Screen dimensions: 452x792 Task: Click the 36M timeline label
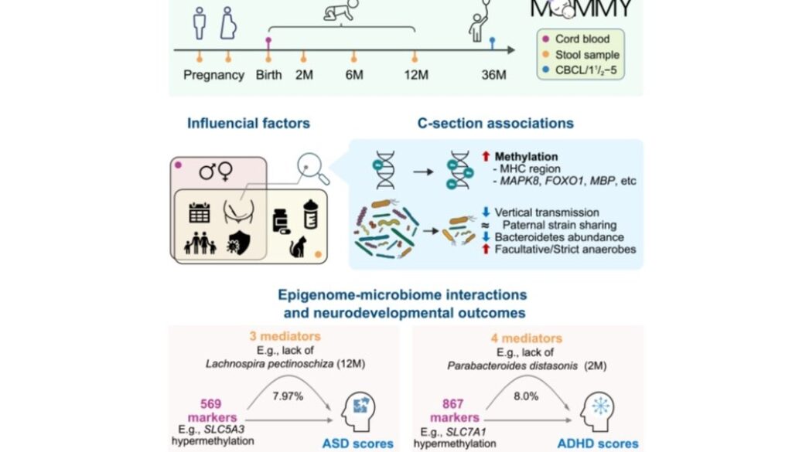490,75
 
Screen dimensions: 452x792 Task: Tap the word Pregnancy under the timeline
213,75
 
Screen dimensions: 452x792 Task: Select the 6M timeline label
354,75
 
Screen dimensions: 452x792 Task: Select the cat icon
295,246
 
